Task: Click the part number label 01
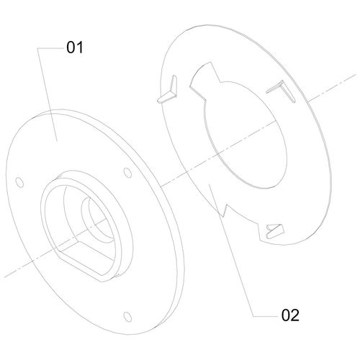tap(75, 48)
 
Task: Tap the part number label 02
tap(290, 315)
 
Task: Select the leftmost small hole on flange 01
tap(19, 183)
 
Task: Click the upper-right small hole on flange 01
tap(127, 173)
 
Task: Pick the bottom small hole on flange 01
tap(127, 317)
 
